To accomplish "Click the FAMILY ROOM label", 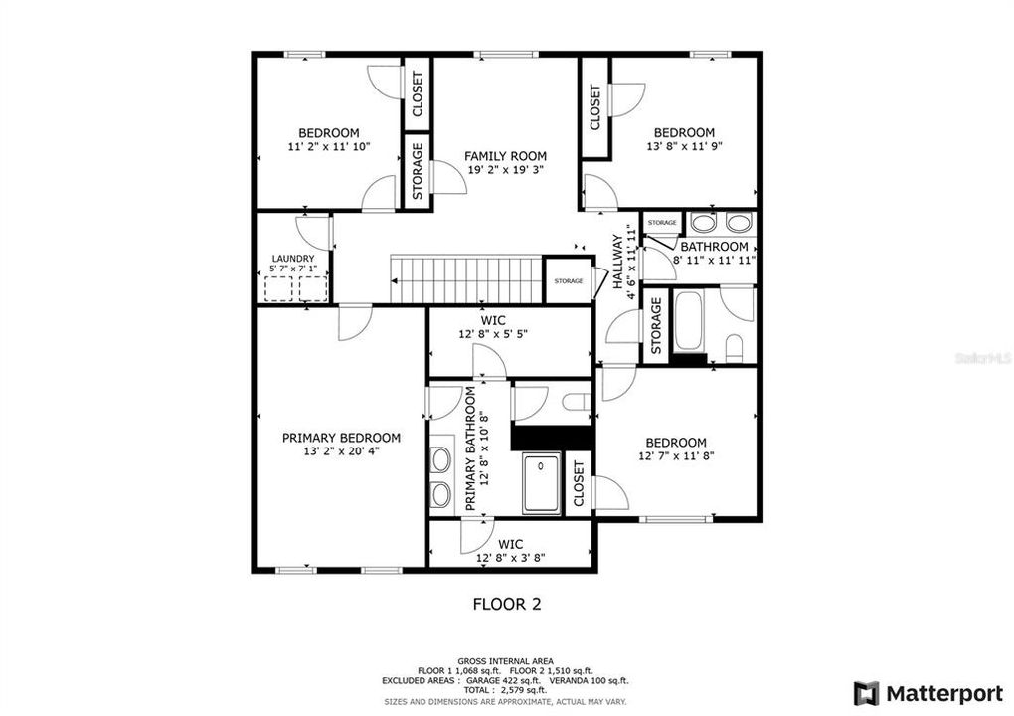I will [x=505, y=156].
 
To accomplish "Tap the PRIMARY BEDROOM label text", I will [x=341, y=438].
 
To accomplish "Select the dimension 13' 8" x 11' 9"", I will [x=683, y=146].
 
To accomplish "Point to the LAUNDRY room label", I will [x=292, y=259].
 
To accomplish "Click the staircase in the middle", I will [x=465, y=279].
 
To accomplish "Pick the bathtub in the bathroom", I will [x=688, y=320].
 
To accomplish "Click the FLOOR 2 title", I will [x=506, y=603].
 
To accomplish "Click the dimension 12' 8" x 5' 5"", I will [x=492, y=334].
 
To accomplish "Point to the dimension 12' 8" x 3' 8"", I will [x=510, y=558].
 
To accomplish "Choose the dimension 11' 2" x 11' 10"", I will [x=328, y=147].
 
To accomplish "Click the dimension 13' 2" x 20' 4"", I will [x=341, y=451].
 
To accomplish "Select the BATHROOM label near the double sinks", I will [x=714, y=247].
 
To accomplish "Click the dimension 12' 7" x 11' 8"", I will [x=675, y=456].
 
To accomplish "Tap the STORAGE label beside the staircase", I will [x=569, y=281].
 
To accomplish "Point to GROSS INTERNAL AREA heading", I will [x=506, y=661].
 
